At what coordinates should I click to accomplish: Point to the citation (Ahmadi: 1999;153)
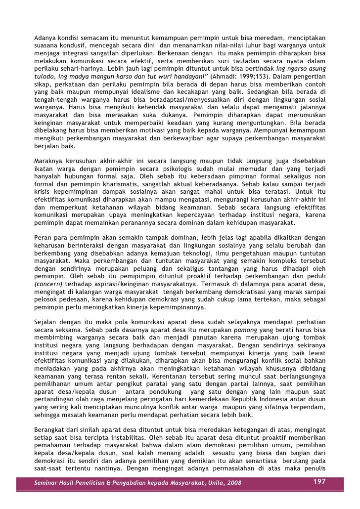[x=239, y=78]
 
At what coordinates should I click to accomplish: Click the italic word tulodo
[x=45, y=78]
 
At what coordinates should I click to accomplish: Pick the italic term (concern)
[x=48, y=285]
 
